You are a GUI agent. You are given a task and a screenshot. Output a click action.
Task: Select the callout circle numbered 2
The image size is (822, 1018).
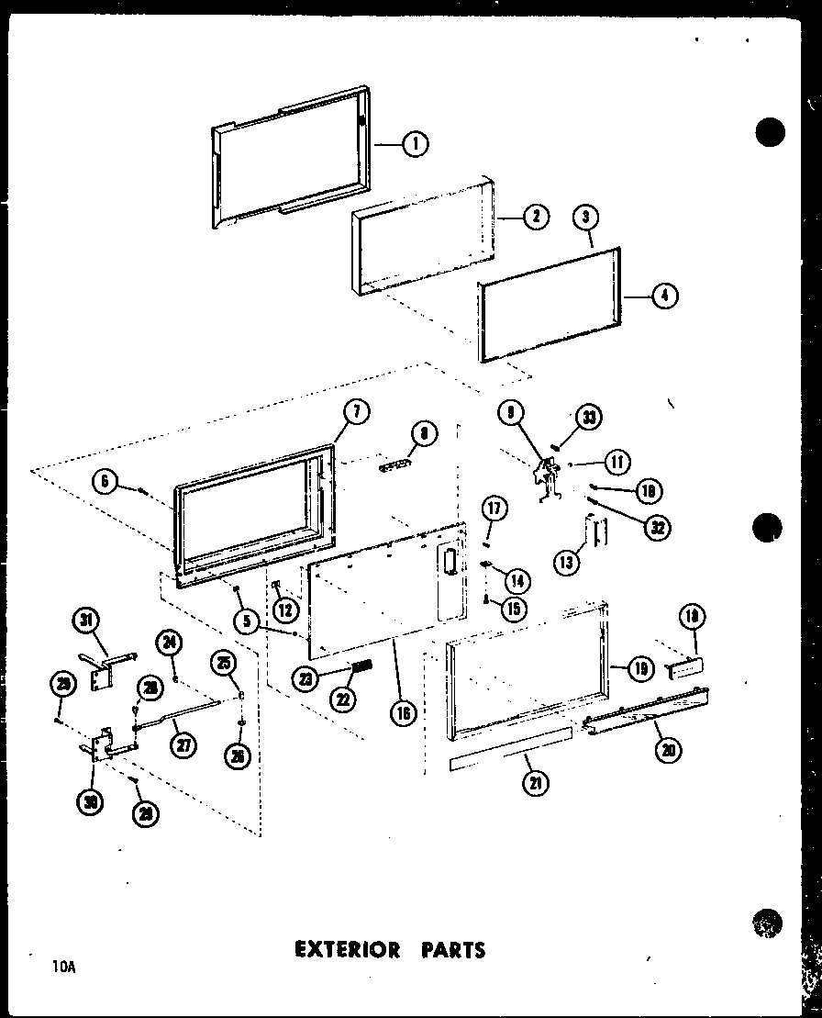pos(536,217)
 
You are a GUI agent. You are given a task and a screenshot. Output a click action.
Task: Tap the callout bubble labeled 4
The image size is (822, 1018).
pos(663,296)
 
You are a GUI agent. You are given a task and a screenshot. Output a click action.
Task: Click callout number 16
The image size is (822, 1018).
pos(400,711)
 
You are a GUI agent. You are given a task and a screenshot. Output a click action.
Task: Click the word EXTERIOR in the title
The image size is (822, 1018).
pos(347,948)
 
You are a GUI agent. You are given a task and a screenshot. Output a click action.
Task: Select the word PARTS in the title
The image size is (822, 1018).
pos(449,948)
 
